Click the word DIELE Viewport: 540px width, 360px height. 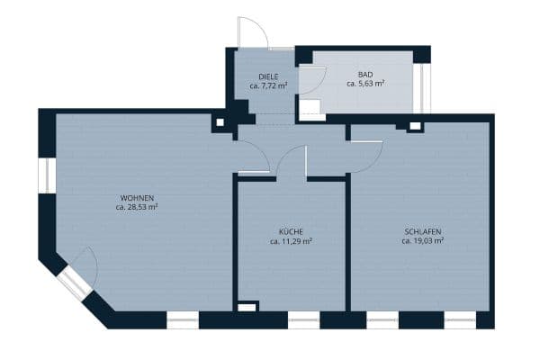pyautogui.click(x=267, y=76)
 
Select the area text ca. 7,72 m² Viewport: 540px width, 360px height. pyautogui.click(x=267, y=86)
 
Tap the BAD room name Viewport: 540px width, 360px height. pyautogui.click(x=364, y=73)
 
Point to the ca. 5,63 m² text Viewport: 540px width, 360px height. pyautogui.click(x=364, y=83)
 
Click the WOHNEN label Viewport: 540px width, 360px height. pyautogui.click(x=137, y=197)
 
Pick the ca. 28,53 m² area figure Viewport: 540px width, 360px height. pyautogui.click(x=137, y=207)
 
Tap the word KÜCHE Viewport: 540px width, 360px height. pyautogui.click(x=291, y=231)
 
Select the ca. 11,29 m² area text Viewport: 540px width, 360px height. pyautogui.click(x=291, y=241)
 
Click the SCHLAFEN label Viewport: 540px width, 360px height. pyautogui.click(x=422, y=231)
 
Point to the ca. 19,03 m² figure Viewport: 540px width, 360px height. pyautogui.click(x=422, y=241)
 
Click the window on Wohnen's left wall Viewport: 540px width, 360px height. pyautogui.click(x=46, y=175)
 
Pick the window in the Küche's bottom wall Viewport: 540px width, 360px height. pyautogui.click(x=301, y=319)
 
